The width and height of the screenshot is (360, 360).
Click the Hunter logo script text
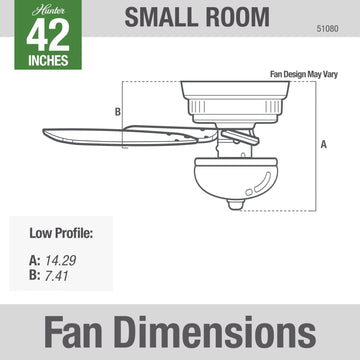[48, 10]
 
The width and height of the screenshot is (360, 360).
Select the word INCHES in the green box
[48, 60]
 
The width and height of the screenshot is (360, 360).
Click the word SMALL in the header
[160, 17]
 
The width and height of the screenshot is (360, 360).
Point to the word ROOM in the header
[237, 17]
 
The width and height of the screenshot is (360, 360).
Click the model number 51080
[327, 29]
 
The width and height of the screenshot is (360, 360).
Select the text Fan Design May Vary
[304, 74]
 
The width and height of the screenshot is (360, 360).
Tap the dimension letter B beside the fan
[118, 112]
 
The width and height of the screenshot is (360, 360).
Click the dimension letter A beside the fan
[324, 145]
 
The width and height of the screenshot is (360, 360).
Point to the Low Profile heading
[61, 233]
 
